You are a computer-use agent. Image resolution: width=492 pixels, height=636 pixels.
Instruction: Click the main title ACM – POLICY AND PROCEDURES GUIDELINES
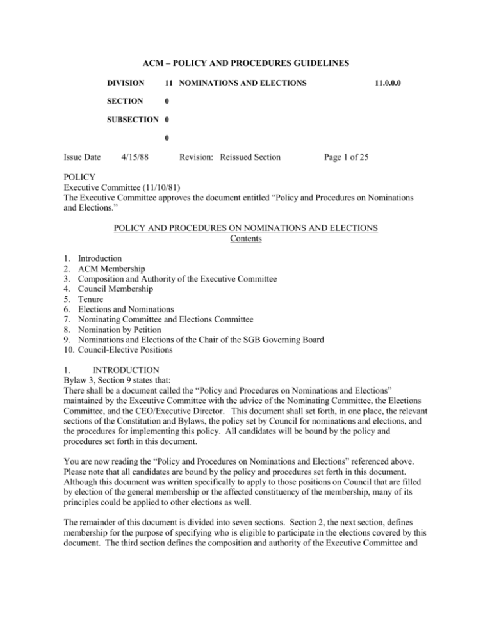pos(245,65)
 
